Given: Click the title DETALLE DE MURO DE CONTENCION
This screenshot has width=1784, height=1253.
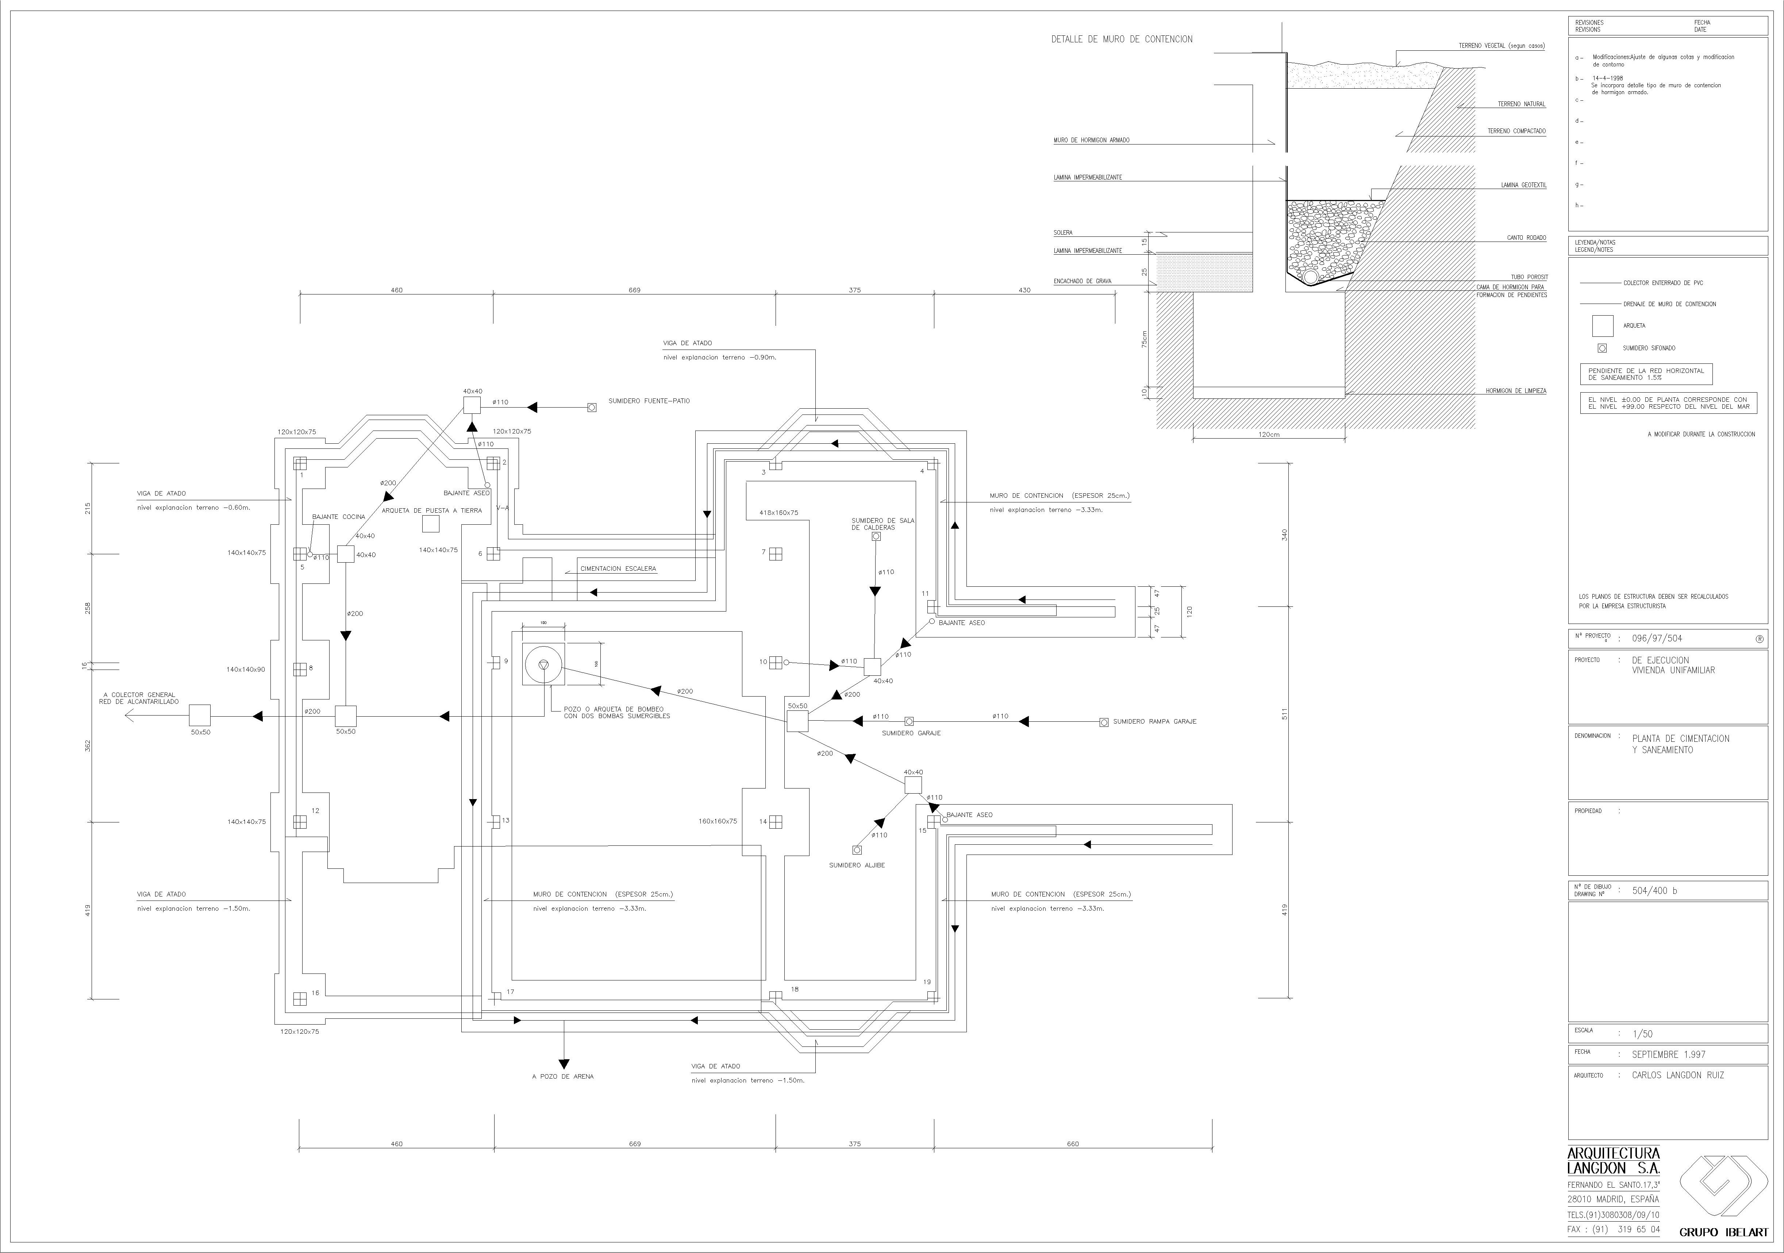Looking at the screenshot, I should [1121, 39].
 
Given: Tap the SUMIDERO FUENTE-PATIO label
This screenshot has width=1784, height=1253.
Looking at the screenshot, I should [649, 401].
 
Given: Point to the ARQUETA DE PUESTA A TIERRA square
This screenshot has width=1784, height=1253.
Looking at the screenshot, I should [430, 524].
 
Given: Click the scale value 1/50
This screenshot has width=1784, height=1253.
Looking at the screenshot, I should [1643, 1034].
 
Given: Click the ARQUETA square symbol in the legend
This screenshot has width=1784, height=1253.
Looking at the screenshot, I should [1602, 325].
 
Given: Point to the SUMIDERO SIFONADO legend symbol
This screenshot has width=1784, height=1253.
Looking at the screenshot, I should [1602, 348].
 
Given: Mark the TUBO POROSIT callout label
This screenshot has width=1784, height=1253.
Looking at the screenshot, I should [1529, 277].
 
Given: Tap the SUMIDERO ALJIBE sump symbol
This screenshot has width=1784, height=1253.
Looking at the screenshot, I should [857, 850].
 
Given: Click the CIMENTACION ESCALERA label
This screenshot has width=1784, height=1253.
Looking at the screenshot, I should [618, 568].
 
